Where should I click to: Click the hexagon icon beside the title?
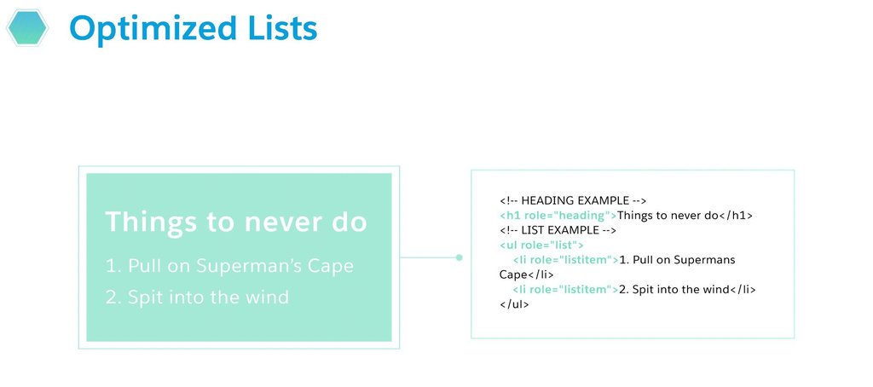coord(27,27)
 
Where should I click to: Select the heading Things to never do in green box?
coord(236,222)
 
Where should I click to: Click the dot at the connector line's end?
coord(459,257)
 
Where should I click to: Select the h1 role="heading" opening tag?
coord(558,216)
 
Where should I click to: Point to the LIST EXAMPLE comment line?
coord(557,230)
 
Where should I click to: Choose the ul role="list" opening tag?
coord(541,245)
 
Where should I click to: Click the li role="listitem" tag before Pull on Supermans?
coord(565,259)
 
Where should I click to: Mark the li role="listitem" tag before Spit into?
coord(565,289)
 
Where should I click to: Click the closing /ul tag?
coord(514,303)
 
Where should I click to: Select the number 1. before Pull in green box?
coord(114,266)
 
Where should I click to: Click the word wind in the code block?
coord(714,289)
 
